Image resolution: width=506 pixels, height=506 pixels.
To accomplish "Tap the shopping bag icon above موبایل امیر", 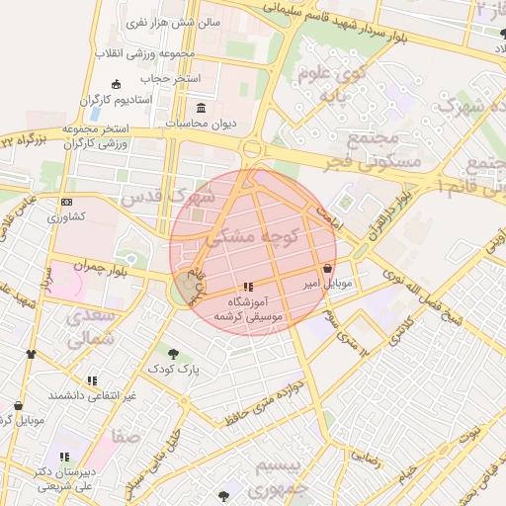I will (x=327, y=268).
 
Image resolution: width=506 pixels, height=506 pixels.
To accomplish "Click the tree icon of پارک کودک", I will (x=174, y=353).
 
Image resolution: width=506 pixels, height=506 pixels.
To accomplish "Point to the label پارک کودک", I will (x=174, y=369).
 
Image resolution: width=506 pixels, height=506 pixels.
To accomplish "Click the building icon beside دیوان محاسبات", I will (x=202, y=107).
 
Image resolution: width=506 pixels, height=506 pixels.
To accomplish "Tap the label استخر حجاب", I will (x=170, y=77).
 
